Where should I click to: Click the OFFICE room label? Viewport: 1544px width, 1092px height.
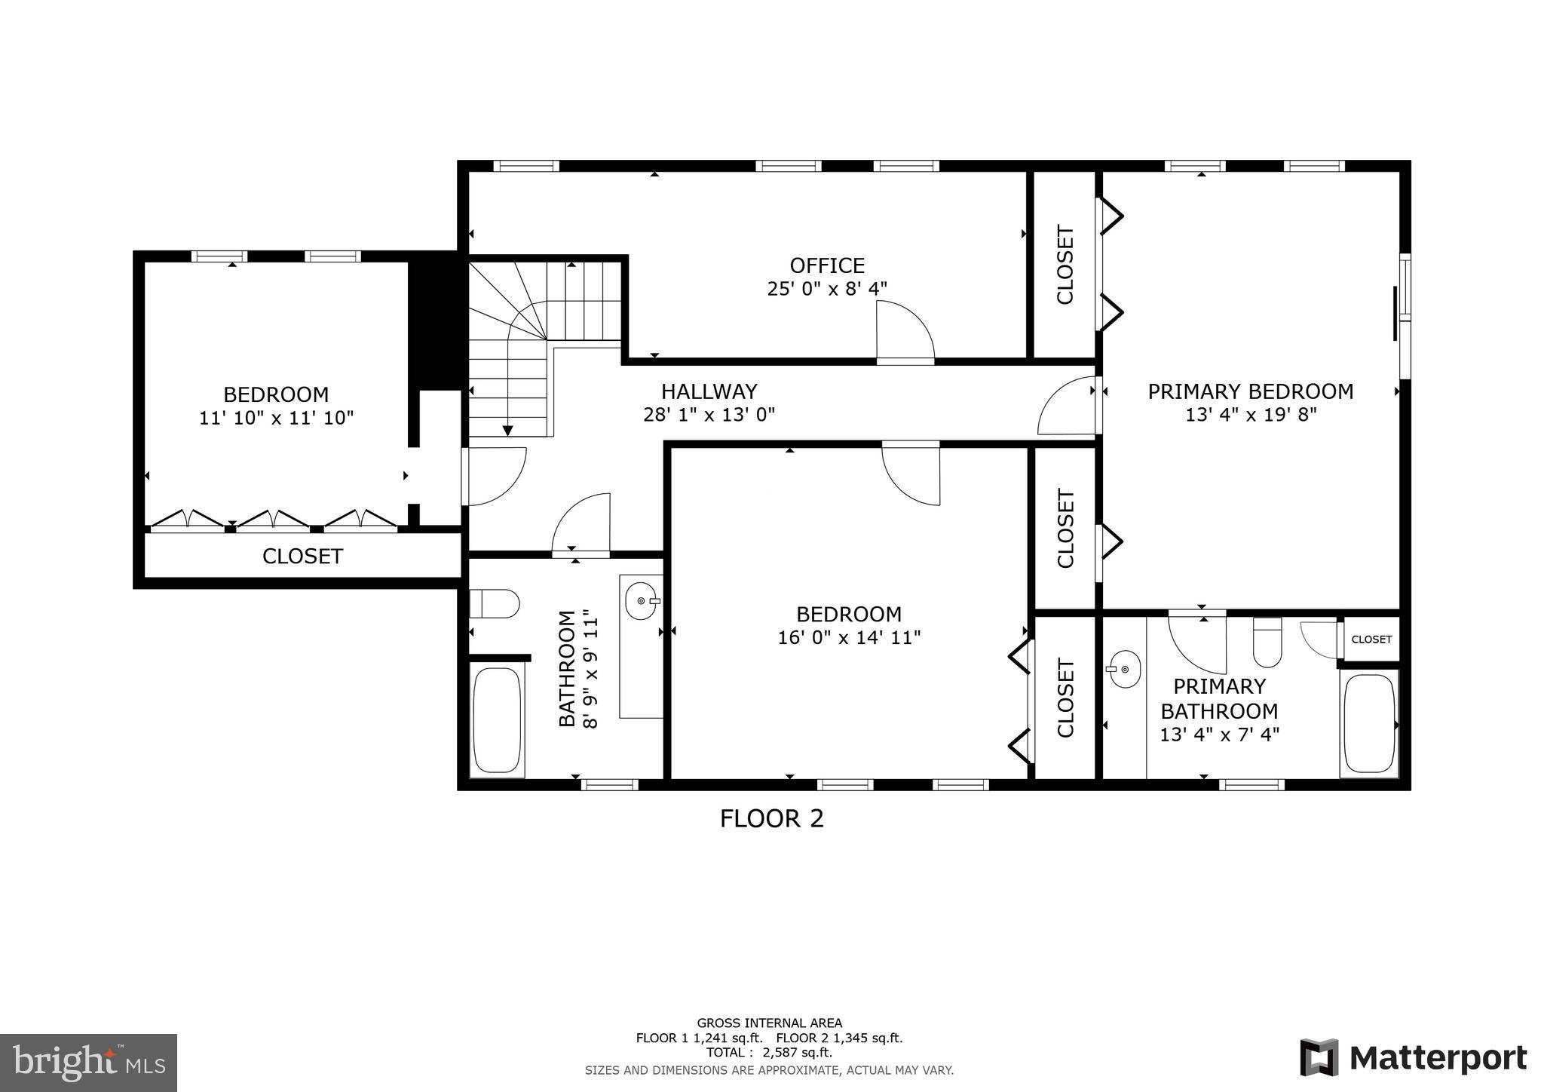tap(827, 265)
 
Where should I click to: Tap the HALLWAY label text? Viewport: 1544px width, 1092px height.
tap(709, 391)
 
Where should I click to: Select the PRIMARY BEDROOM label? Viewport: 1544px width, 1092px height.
tap(1250, 391)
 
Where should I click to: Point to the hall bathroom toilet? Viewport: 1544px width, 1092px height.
tap(495, 604)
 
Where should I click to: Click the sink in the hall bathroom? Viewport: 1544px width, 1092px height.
tap(642, 601)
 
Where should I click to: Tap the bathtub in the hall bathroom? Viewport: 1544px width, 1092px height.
tap(498, 719)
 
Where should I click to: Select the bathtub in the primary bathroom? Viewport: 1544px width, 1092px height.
tap(1369, 723)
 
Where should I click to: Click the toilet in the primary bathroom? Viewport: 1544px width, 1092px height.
tap(1267, 643)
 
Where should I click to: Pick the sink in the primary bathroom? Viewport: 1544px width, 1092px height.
tap(1125, 669)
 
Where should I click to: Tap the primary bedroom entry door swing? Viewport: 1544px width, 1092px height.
tap(1066, 407)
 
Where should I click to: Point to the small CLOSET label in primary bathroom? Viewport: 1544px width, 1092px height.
tap(1371, 640)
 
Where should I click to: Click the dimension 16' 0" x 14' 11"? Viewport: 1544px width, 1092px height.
tap(849, 638)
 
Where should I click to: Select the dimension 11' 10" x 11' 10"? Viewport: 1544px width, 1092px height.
tap(276, 418)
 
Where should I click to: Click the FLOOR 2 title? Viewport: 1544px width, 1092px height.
tap(771, 818)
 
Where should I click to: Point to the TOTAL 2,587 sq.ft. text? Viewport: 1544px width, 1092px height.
tap(769, 1053)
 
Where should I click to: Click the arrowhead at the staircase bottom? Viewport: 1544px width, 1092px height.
tap(507, 431)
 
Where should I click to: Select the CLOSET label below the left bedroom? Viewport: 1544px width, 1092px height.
tap(302, 557)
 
